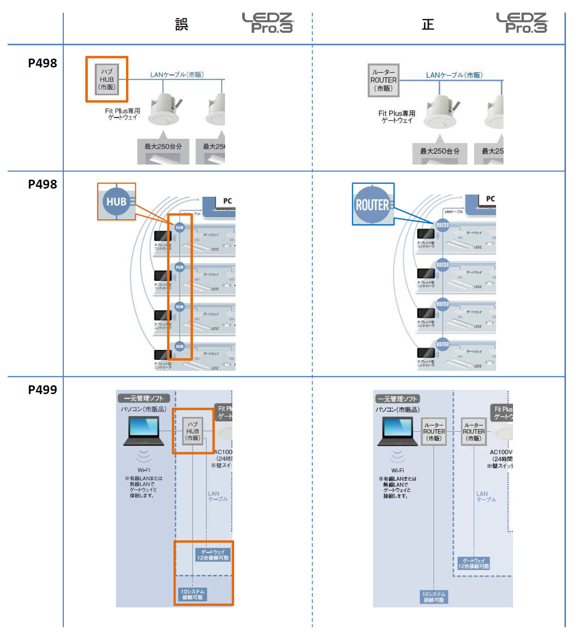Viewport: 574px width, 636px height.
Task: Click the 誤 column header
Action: coord(182,24)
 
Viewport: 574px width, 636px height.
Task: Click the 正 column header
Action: coord(428,24)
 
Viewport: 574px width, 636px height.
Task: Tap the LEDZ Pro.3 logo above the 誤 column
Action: coord(268,23)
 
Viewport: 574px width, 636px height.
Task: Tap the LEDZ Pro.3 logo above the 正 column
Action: coord(522,23)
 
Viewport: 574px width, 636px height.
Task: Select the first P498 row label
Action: coord(43,63)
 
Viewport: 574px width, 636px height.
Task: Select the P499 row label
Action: coord(43,390)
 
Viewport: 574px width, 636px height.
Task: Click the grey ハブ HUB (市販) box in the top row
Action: coord(107,79)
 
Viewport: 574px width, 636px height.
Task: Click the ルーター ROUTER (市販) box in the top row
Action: coord(383,80)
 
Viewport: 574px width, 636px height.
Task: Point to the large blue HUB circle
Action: coord(117,202)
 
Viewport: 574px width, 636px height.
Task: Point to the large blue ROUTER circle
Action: coord(373,205)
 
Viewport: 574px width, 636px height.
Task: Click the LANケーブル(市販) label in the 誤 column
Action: coord(177,75)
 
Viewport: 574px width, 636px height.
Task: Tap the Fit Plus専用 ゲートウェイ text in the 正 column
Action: coord(396,117)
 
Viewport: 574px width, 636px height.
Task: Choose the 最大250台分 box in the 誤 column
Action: coord(163,146)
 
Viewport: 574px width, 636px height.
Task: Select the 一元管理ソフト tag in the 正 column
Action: coord(397,399)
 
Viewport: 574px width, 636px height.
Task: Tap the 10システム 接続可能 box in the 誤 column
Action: coord(192,594)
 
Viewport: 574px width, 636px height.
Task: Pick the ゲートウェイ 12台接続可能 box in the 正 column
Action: coord(474,563)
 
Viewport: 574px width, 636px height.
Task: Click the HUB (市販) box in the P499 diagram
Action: coord(193,431)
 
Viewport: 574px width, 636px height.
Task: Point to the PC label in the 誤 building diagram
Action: coord(227,201)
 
